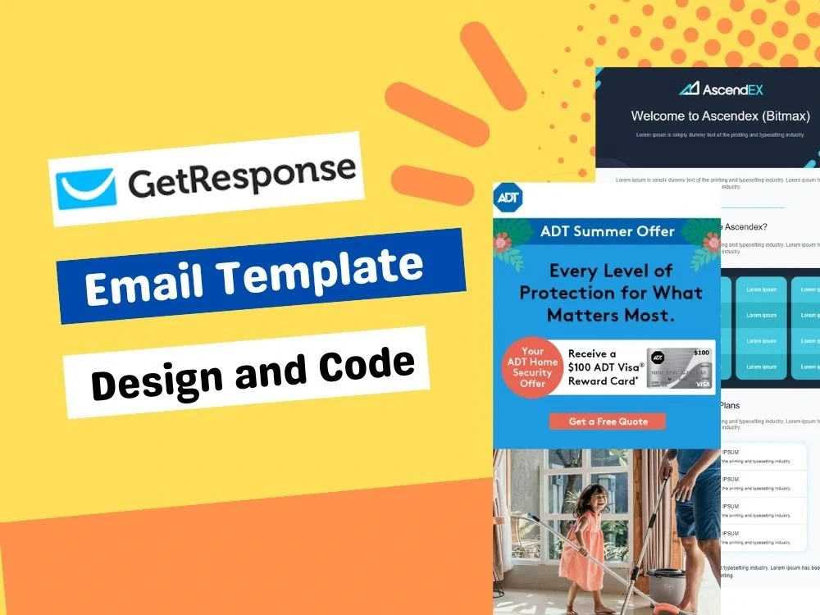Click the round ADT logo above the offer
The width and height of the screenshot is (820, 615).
(509, 198)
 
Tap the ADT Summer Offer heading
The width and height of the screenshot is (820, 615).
(607, 231)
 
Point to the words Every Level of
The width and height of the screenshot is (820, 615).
(611, 271)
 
